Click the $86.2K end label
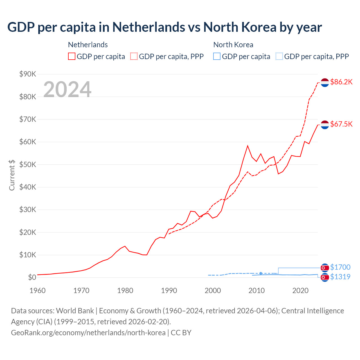click(341, 82)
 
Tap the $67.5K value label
click(341, 124)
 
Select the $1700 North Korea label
click(340, 267)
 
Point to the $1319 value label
click(340, 277)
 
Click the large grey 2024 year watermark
click(67, 89)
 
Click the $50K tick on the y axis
click(28, 165)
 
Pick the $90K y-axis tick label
click(28, 74)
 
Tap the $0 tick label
click(32, 278)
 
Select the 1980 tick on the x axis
click(125, 291)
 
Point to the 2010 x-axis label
click(256, 291)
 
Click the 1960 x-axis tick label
click(37, 291)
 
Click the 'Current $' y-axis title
click(12, 175)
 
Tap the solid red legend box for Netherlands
click(72, 56)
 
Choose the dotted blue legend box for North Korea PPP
click(279, 56)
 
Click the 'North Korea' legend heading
click(233, 45)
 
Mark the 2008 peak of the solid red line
click(247, 146)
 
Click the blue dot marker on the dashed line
click(261, 273)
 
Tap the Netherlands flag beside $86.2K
click(325, 83)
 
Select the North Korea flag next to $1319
click(325, 278)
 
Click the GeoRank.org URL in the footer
click(88, 333)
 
